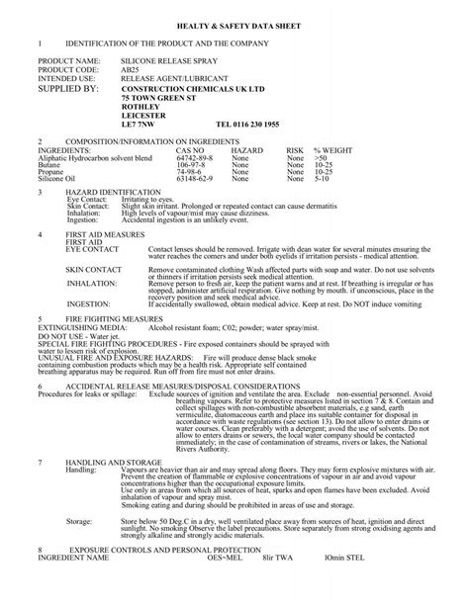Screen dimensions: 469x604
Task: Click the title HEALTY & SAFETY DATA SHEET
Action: (234, 20)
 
